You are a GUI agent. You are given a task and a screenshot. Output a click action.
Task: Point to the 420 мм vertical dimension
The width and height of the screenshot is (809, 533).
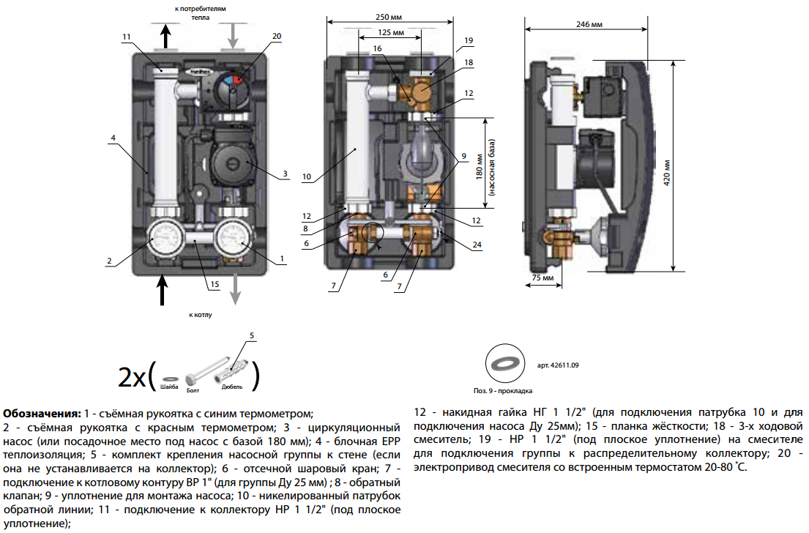[667, 174]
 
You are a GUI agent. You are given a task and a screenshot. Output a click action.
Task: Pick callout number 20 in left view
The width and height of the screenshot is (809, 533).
[276, 36]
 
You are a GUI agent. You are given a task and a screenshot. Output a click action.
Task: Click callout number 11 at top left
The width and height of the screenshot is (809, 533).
[127, 37]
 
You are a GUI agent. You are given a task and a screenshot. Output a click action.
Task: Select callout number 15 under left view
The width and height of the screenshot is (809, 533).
[214, 284]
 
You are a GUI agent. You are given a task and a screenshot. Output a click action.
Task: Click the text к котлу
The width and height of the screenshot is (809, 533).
[200, 316]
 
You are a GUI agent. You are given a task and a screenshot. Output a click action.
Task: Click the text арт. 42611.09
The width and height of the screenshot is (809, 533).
[558, 364]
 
